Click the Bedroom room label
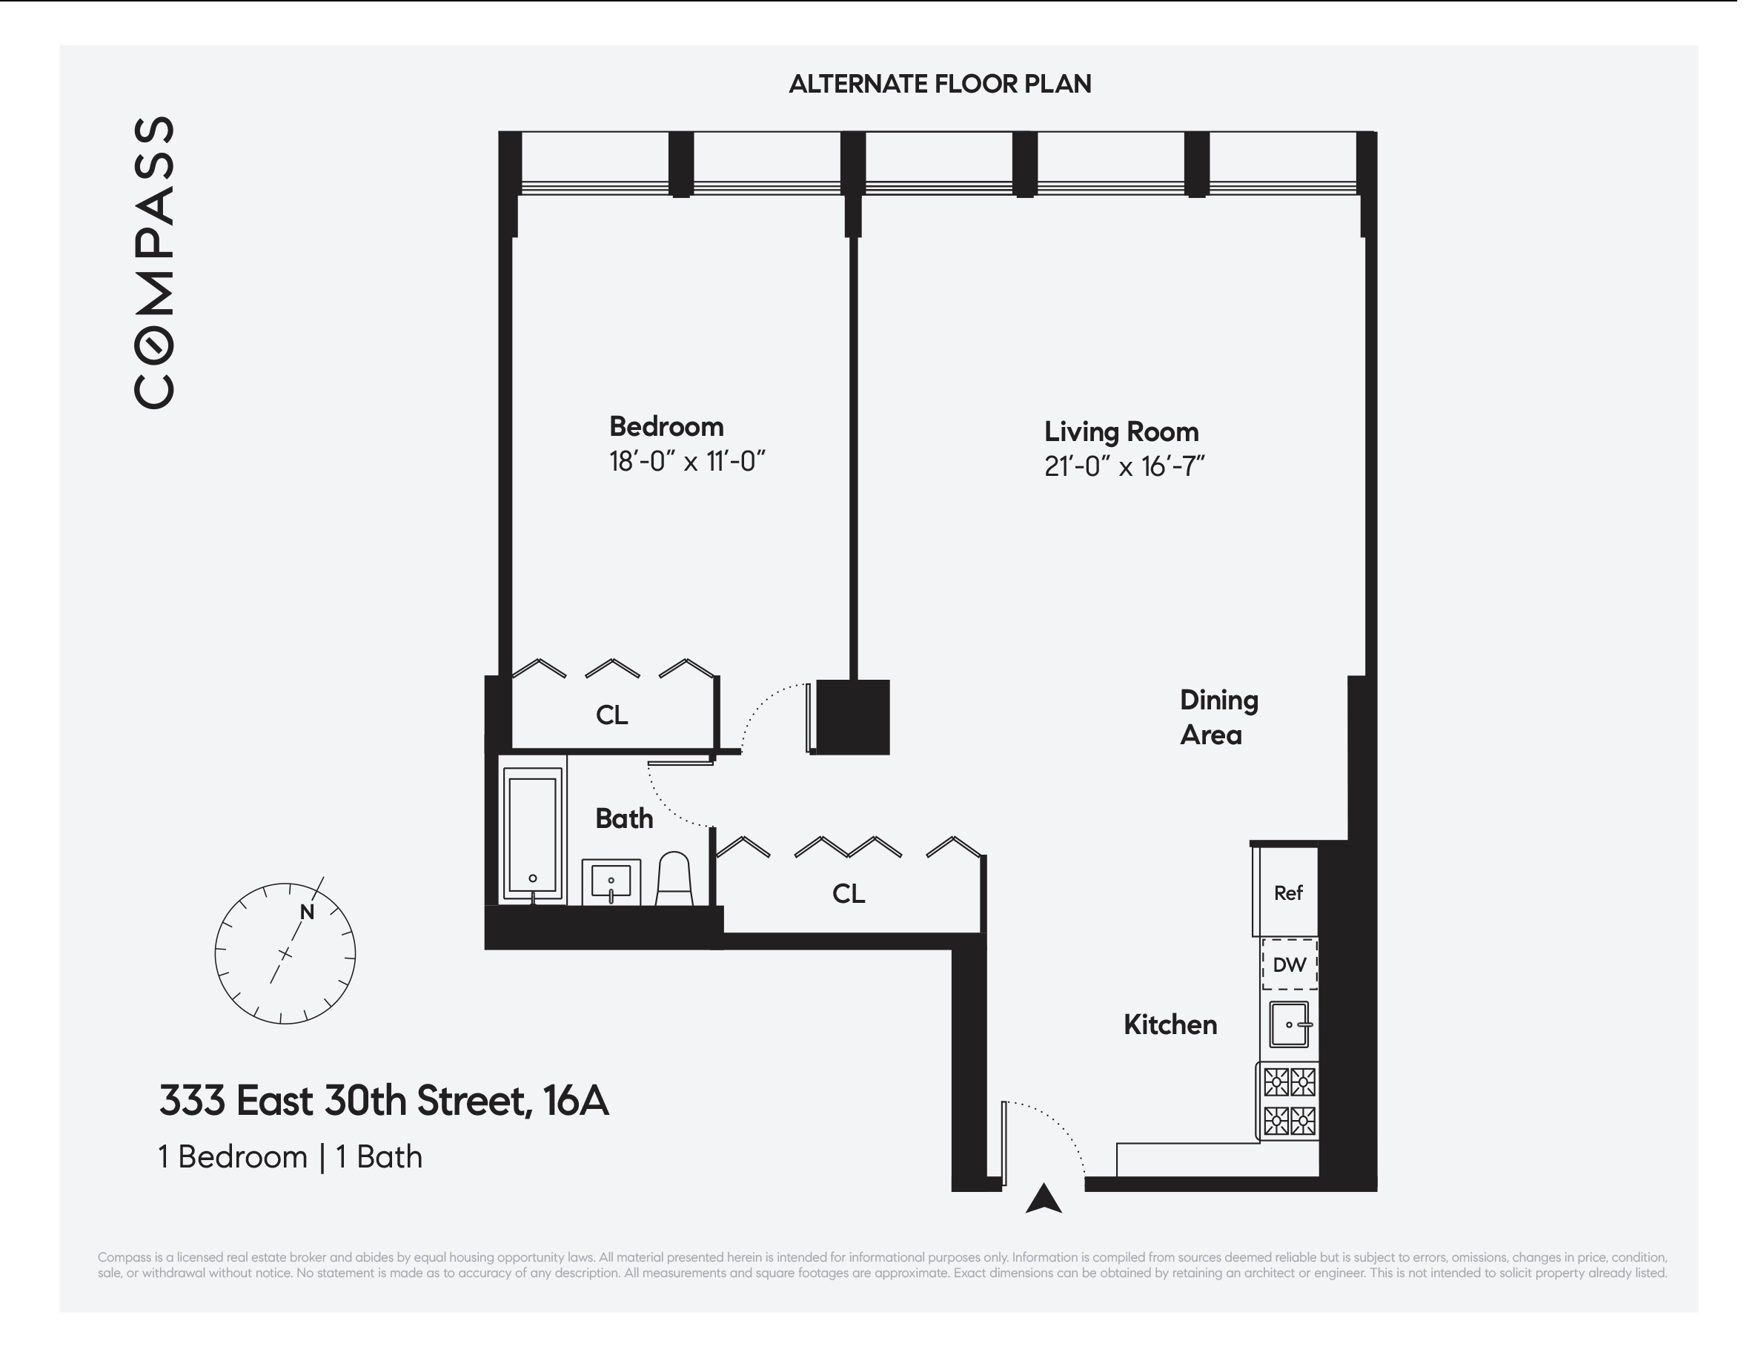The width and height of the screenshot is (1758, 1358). (666, 427)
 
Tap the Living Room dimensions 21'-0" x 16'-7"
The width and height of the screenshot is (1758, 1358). (1124, 467)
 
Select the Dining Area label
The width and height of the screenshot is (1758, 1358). (1218, 718)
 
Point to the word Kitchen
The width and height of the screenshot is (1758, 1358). (1170, 1024)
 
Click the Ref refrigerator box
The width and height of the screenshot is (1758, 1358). (1287, 892)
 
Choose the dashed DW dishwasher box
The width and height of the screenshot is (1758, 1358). (1289, 964)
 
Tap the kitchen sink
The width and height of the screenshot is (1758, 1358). (1289, 1024)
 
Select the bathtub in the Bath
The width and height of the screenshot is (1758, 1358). (532, 834)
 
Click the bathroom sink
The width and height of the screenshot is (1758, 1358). (611, 881)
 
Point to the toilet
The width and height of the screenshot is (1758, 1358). (674, 879)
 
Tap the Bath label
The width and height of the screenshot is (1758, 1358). (624, 818)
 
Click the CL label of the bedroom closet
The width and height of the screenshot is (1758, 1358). (611, 715)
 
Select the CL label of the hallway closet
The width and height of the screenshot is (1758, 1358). (849, 893)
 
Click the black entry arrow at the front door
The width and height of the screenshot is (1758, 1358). (1044, 1199)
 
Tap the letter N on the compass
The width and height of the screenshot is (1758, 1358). (307, 912)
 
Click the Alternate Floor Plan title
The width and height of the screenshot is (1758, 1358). (939, 84)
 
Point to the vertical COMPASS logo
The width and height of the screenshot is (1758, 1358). (153, 262)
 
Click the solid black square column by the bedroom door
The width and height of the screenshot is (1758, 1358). (852, 716)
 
